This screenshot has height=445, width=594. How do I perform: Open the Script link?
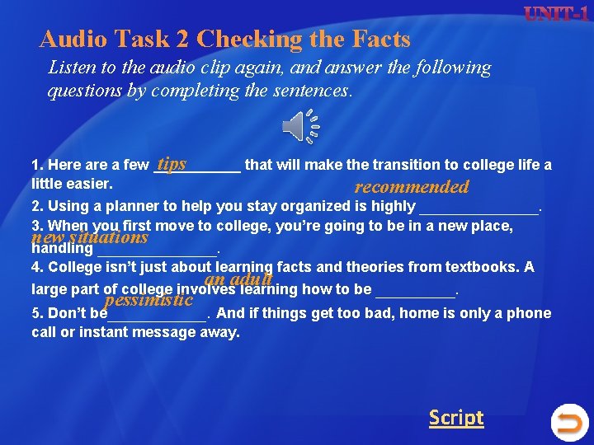[455, 418]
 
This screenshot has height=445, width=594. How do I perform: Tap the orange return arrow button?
[568, 423]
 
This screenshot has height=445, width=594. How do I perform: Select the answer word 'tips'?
[172, 164]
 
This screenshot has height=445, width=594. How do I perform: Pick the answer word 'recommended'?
[411, 187]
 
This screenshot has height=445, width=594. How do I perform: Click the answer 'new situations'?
[89, 237]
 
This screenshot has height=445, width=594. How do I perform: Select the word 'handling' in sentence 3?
[62, 247]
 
